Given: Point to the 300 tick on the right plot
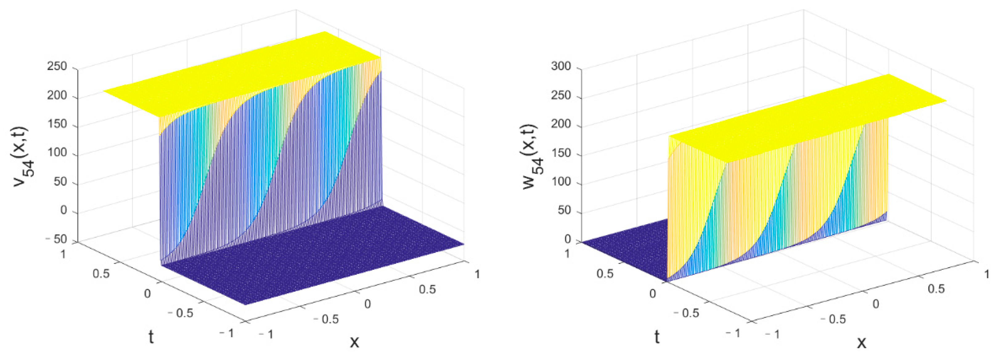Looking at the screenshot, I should click(561, 67).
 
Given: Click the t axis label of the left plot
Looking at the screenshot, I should click(151, 337).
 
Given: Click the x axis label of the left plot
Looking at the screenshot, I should click(354, 342).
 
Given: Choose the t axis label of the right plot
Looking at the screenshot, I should click(657, 337).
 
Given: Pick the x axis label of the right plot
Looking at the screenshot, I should click(861, 342).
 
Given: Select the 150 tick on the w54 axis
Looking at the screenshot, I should click(561, 153).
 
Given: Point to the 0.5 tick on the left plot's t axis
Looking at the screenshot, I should click(101, 273).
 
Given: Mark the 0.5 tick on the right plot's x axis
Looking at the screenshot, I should click(936, 289).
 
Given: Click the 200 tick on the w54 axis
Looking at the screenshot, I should click(561, 124).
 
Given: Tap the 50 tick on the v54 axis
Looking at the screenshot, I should click(60, 182).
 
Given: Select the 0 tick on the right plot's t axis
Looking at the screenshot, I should click(652, 293).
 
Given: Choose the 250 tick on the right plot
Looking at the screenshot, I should click(561, 96).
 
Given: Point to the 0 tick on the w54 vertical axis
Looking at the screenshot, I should click(568, 239).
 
